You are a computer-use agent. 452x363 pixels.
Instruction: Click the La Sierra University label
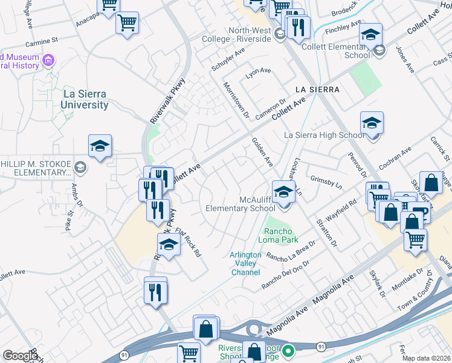[x=85, y=99]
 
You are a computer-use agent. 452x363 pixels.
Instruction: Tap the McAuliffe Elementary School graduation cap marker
[x=282, y=192]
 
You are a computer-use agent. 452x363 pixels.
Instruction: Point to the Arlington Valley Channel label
[x=246, y=263]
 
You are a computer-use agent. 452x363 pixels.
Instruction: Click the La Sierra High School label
[x=324, y=135]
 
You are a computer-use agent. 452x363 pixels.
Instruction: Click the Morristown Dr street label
[x=237, y=101]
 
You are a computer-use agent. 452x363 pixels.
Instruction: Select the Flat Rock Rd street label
[x=187, y=241]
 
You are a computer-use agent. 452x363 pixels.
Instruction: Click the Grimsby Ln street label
[x=326, y=180]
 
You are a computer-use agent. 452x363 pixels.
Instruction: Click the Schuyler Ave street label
[x=228, y=60]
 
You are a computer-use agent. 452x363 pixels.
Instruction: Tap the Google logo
[x=21, y=356]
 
